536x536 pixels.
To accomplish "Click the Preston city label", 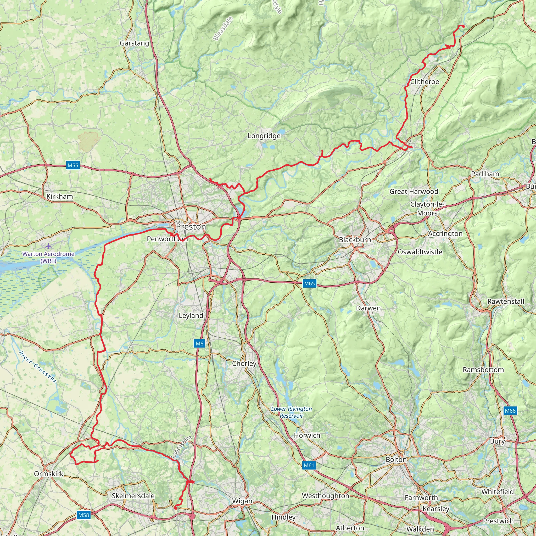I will pyautogui.click(x=191, y=227).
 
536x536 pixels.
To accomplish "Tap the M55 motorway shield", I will pyautogui.click(x=73, y=165).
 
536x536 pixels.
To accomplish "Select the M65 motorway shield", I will pyautogui.click(x=309, y=283).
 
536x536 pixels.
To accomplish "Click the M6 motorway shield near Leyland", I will pyautogui.click(x=199, y=343).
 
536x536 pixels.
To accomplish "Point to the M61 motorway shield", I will pyautogui.click(x=309, y=465).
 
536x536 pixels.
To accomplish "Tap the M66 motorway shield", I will pyautogui.click(x=510, y=411).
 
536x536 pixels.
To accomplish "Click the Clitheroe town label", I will pyautogui.click(x=425, y=82).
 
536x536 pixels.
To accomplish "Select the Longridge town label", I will pyautogui.click(x=264, y=136).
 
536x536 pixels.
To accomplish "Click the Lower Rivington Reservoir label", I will pyautogui.click(x=291, y=412).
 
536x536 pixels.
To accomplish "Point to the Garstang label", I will pyautogui.click(x=134, y=43).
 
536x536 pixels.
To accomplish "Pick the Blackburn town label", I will pyautogui.click(x=355, y=240).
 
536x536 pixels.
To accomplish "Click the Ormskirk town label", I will pyautogui.click(x=49, y=473).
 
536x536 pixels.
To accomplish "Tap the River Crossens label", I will pyautogui.click(x=38, y=367).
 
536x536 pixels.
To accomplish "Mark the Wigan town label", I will pyautogui.click(x=242, y=501).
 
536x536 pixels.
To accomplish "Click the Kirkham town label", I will pyautogui.click(x=60, y=197).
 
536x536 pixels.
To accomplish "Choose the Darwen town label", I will pyautogui.click(x=368, y=308).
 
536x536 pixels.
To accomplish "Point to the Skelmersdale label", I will pyautogui.click(x=133, y=496).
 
